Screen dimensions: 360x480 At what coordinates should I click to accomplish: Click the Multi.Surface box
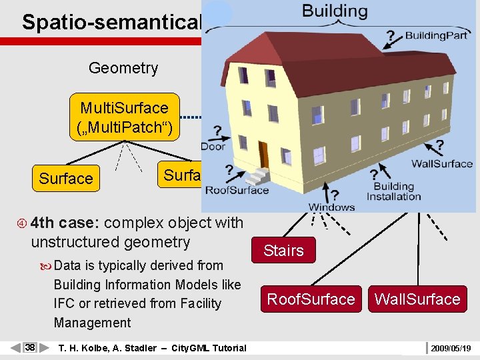point(124,117)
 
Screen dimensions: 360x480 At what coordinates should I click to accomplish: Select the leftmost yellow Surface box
point(66,179)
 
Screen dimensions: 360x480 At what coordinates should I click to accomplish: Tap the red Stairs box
point(283,251)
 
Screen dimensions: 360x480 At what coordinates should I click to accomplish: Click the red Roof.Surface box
point(311,299)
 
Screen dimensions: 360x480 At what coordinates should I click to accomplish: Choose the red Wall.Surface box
point(417,299)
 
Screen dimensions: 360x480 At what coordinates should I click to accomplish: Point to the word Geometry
point(123,68)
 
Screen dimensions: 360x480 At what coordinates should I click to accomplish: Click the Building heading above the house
point(334,11)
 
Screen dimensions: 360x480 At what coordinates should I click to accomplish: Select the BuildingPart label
point(436,35)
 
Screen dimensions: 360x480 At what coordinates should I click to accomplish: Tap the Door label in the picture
point(213,146)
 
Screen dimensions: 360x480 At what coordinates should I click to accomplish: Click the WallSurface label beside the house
point(442,163)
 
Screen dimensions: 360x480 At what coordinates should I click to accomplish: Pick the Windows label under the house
point(331,207)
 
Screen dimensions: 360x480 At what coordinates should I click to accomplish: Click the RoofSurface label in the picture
point(237,190)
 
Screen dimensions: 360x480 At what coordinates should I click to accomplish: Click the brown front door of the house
point(263,154)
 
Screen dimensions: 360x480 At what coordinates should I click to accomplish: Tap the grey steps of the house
point(258,176)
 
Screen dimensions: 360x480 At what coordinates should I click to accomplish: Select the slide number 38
point(30,347)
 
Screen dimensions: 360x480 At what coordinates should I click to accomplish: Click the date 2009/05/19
point(451,348)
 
